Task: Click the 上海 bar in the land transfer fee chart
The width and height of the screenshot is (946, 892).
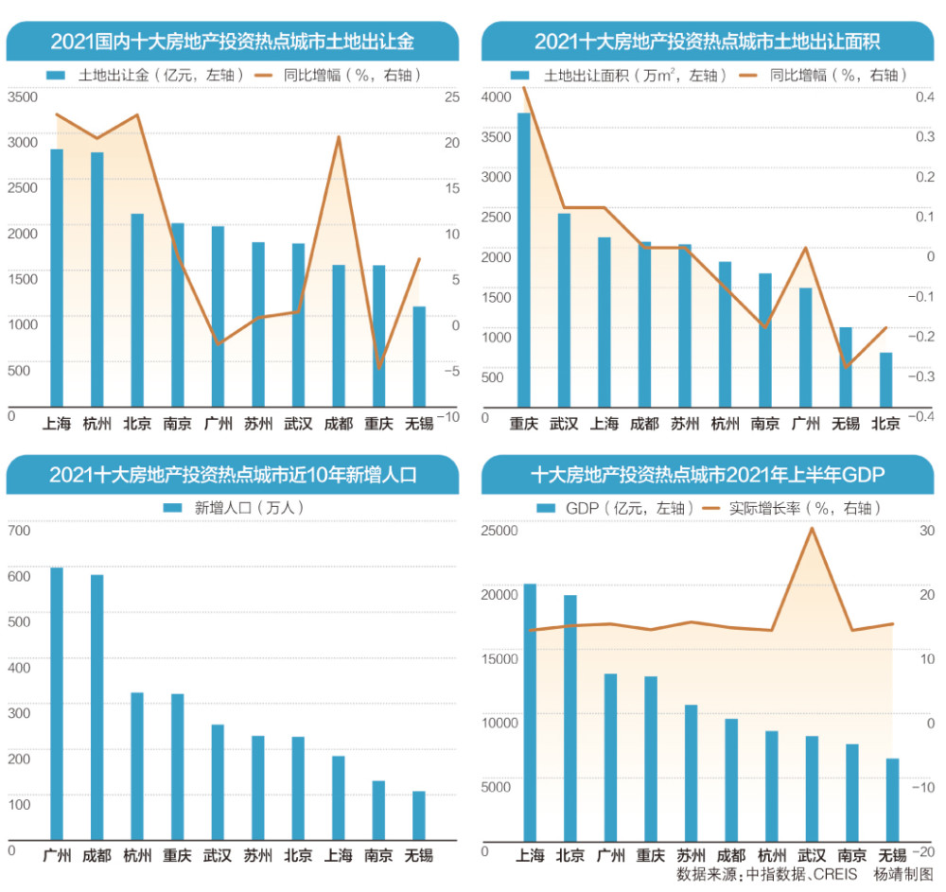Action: (57, 279)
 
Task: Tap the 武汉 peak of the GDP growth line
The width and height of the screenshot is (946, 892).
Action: (812, 528)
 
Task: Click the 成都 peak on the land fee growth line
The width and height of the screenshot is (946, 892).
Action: (339, 137)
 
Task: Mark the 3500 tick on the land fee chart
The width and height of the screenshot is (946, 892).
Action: (23, 97)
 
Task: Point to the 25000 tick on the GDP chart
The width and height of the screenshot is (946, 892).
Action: (499, 531)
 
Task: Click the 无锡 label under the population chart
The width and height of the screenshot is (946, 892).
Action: (419, 856)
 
